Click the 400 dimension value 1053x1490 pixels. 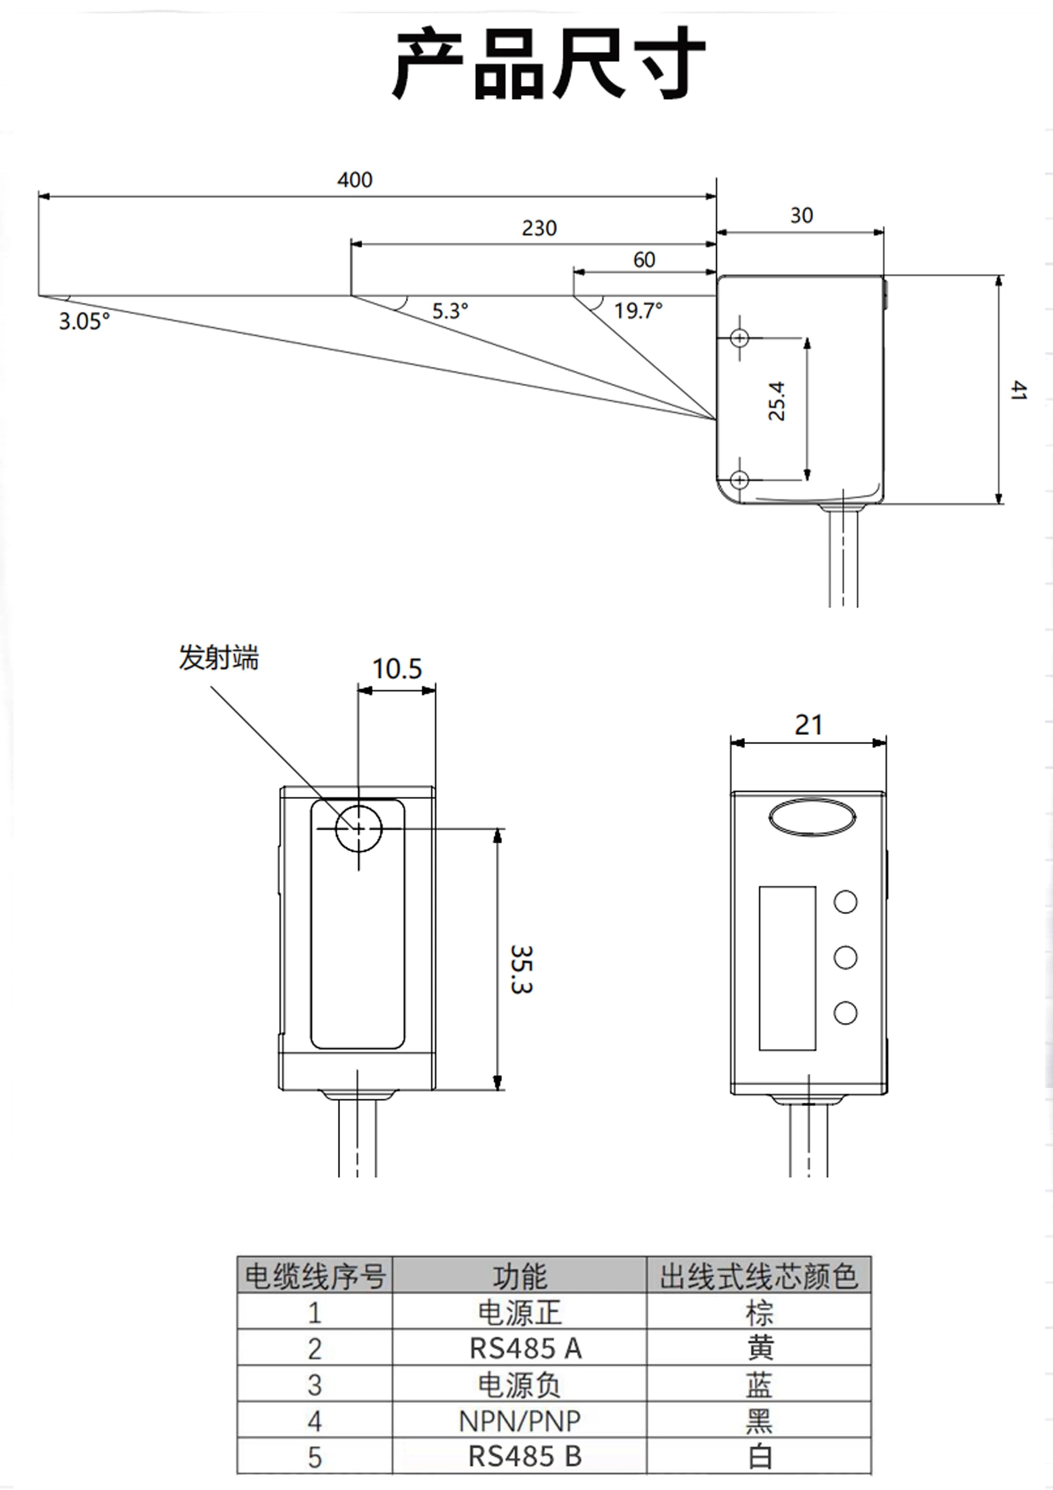pos(355,180)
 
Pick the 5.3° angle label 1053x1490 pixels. pos(450,311)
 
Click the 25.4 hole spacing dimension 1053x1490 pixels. pos(777,401)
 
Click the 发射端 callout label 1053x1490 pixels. pos(219,658)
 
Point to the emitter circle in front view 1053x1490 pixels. pos(358,828)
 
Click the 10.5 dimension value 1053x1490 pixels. pos(397,669)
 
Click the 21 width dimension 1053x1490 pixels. pos(808,725)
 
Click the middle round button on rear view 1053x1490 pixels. pos(845,957)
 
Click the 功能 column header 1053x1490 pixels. pos(520,1276)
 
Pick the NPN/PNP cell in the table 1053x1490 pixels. pos(520,1421)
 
